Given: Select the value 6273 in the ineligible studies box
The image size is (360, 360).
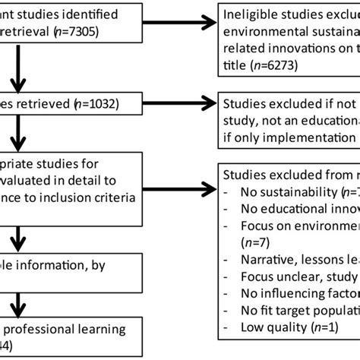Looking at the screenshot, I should coord(270,65).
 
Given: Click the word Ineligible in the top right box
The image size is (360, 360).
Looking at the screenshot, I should coord(251,16).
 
